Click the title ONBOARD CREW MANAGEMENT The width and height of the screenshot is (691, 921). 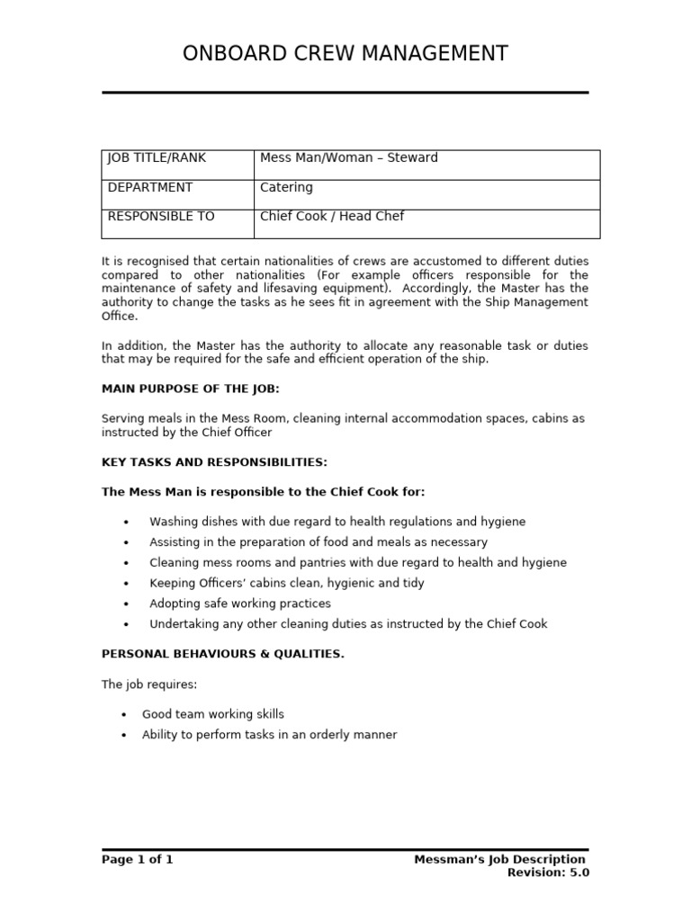tap(345, 54)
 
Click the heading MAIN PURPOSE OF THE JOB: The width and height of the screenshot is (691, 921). tap(190, 389)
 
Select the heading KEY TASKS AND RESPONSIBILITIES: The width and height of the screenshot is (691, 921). tap(214, 462)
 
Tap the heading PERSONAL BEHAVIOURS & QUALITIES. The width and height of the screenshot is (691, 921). tap(222, 654)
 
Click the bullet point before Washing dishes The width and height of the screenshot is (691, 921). tap(126, 523)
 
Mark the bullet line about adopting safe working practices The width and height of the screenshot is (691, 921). tap(239, 604)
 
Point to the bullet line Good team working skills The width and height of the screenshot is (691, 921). tap(212, 714)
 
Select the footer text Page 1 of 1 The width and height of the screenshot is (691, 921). tap(137, 860)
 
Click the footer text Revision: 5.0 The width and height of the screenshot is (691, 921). tap(548, 872)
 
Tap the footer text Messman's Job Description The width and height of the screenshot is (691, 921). tap(499, 860)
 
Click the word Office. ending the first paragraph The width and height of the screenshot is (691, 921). tap(120, 317)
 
